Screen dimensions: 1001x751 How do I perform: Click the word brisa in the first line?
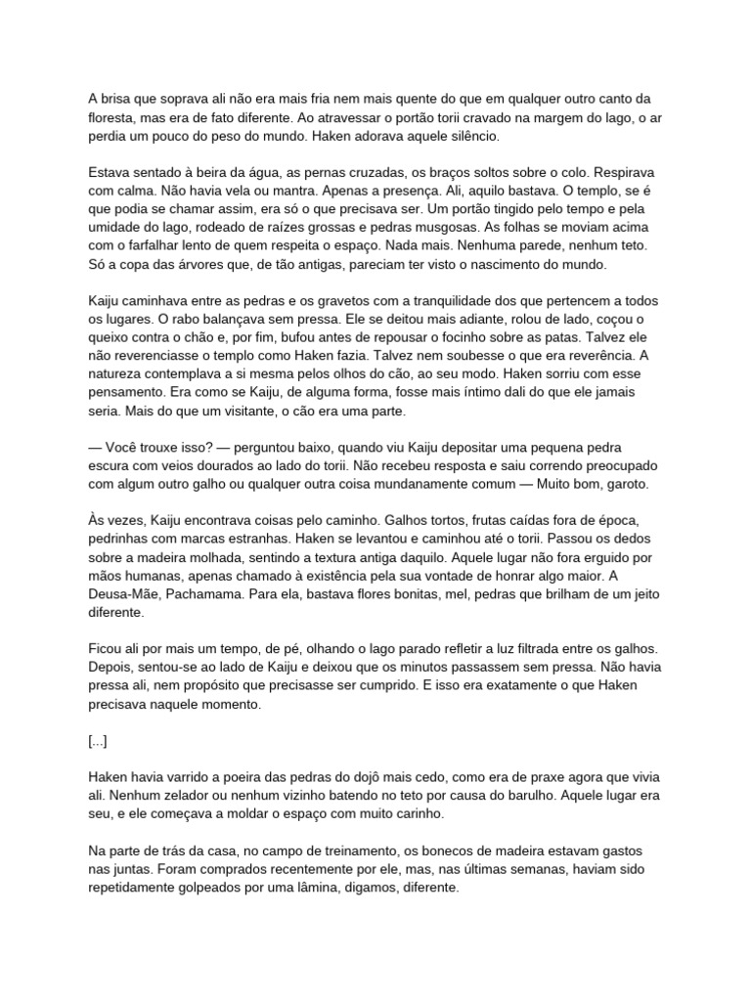(x=122, y=99)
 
